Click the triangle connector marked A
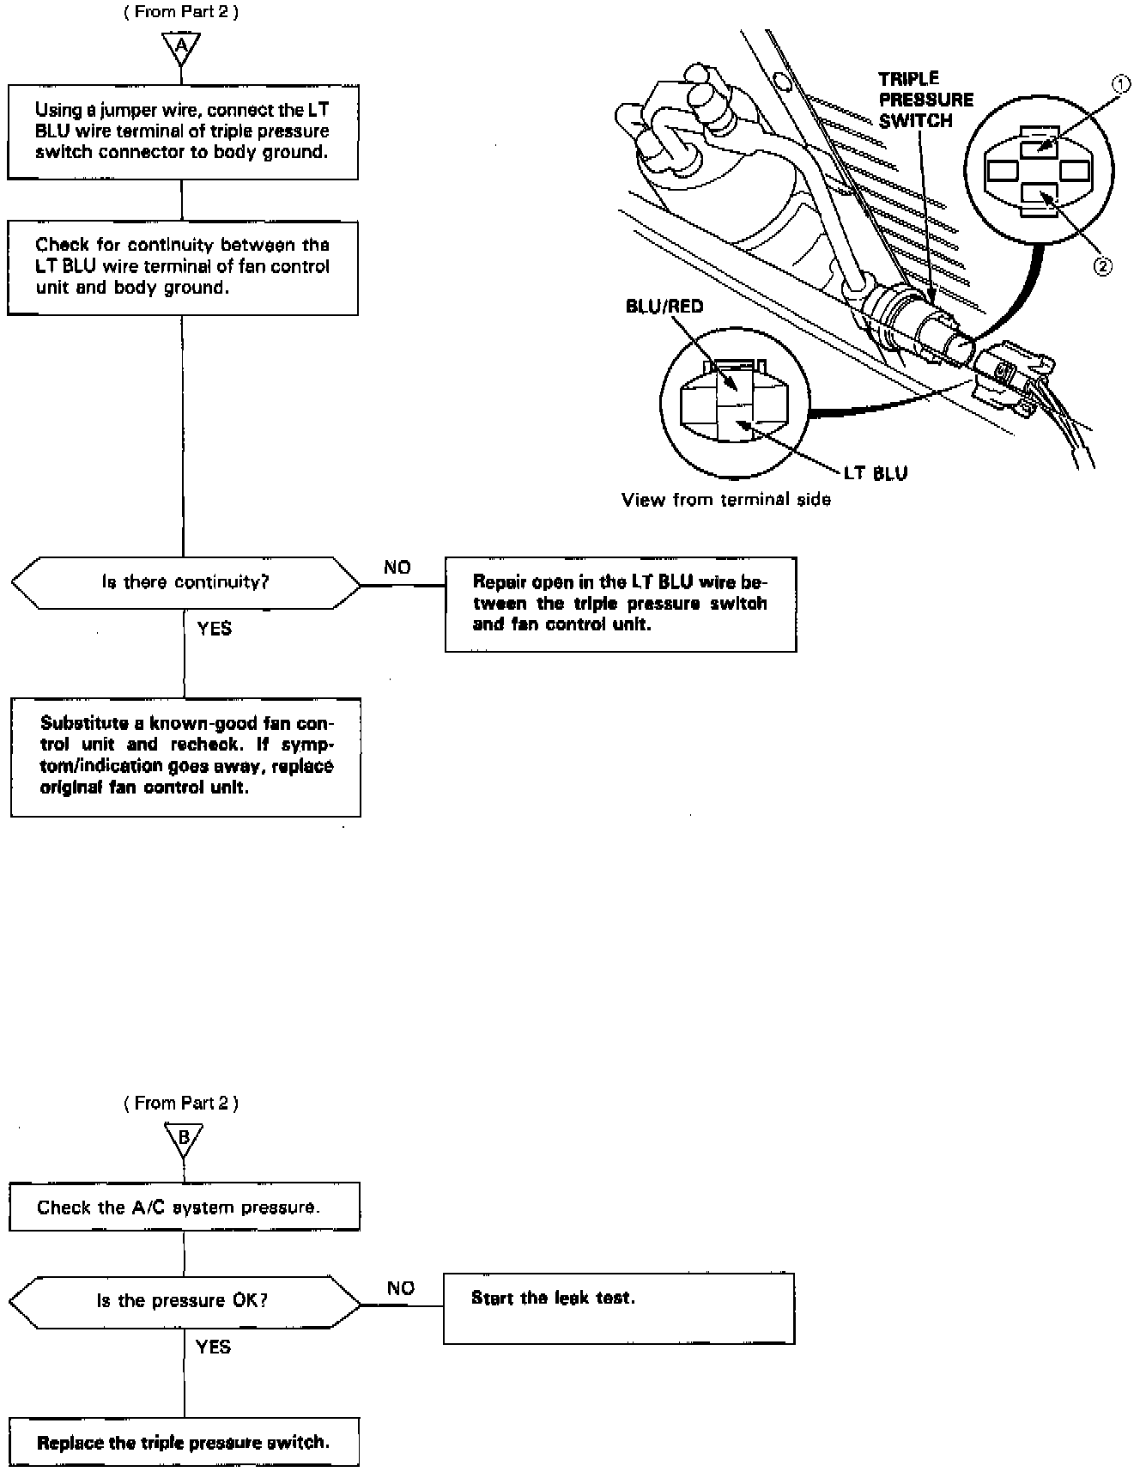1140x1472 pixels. point(182,48)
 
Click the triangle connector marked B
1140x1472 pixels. point(183,1139)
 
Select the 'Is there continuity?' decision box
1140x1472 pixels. point(185,582)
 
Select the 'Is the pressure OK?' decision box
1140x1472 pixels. point(185,1301)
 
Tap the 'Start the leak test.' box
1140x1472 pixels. point(618,1308)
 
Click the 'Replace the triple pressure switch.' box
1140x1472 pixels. point(184,1442)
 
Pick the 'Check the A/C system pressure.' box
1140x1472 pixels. point(184,1207)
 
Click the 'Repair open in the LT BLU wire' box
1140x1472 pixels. point(620,604)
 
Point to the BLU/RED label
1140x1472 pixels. point(664,307)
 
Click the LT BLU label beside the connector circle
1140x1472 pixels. point(876,472)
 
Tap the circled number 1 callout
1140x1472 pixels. point(1119,84)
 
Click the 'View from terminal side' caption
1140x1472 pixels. point(726,499)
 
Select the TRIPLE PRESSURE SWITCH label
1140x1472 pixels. point(925,100)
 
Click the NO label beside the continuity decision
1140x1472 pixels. point(397,567)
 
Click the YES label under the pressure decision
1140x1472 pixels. point(213,1347)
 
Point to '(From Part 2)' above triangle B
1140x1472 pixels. point(181,1103)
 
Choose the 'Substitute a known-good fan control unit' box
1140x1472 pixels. point(185,756)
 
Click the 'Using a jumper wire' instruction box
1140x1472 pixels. point(182,131)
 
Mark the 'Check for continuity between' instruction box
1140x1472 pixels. point(182,267)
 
